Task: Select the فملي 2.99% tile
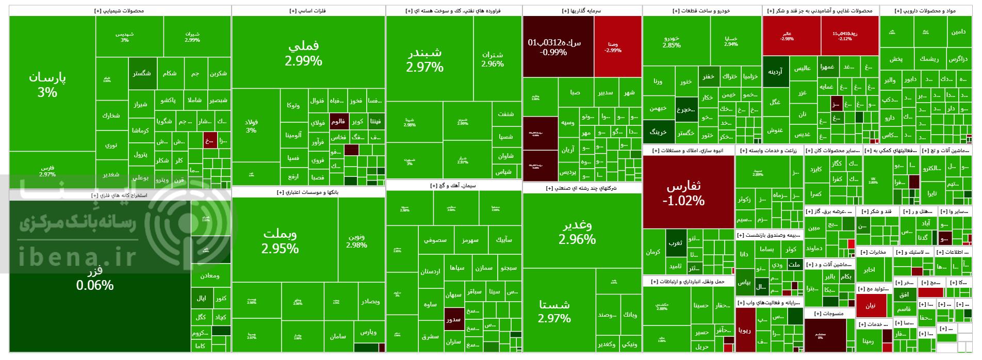[303, 53]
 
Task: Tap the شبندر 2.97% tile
[424, 59]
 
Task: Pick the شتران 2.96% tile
[493, 59]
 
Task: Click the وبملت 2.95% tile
[280, 241]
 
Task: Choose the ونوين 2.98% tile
[356, 241]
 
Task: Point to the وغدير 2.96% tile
[577, 232]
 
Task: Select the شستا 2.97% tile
[554, 311]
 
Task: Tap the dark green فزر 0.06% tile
[95, 279]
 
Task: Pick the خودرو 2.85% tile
[671, 41]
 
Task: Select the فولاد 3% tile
[251, 126]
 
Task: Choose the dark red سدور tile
[453, 319]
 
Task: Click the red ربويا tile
[745, 331]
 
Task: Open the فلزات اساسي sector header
[308, 10]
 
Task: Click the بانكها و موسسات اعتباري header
[308, 192]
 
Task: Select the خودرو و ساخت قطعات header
[701, 10]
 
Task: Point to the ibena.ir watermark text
[77, 256]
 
